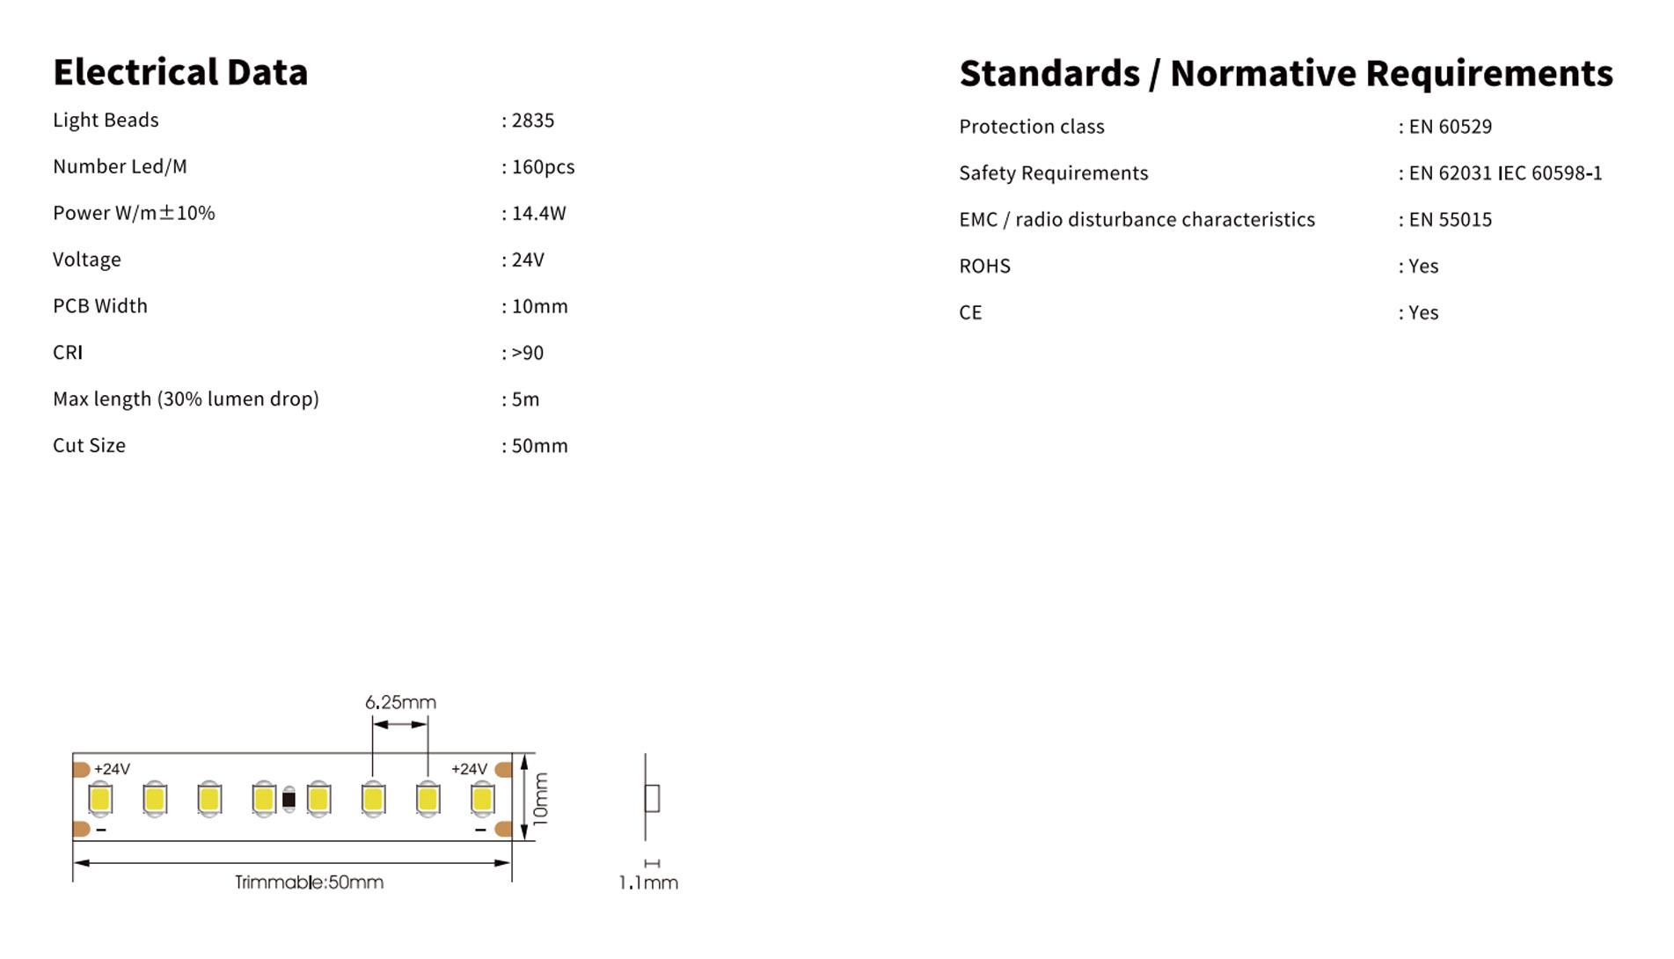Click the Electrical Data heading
click(x=180, y=72)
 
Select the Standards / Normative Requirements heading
click(x=1285, y=73)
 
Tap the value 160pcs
click(x=543, y=167)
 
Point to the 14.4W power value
click(x=538, y=214)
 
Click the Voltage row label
click(x=87, y=260)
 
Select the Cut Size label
click(x=89, y=445)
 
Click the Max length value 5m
click(x=525, y=399)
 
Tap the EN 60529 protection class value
click(x=1450, y=127)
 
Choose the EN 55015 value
click(x=1450, y=220)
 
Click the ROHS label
click(x=984, y=267)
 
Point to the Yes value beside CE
click(x=1423, y=313)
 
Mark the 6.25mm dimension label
click(x=400, y=702)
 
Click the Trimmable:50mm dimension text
click(x=309, y=882)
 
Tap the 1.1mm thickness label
click(x=648, y=882)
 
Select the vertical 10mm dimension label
click(x=541, y=798)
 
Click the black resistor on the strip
click(x=289, y=800)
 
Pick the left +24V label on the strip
click(x=112, y=769)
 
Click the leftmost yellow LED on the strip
click(x=100, y=799)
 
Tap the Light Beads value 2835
click(x=532, y=121)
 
